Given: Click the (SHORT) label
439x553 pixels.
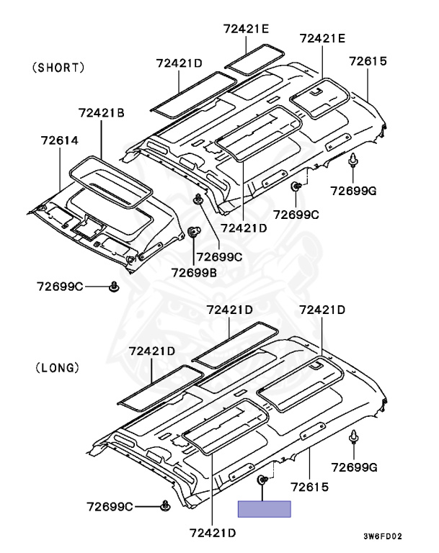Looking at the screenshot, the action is point(58,68).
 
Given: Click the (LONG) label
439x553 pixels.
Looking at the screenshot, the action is point(58,368).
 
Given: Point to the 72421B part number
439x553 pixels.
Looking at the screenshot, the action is point(102,113).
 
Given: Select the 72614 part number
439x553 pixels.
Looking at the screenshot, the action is point(60,140).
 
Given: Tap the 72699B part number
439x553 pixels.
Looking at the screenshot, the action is point(194,273).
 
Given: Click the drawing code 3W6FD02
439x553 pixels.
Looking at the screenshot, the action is point(383,536).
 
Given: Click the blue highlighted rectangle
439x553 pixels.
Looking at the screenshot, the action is point(264,509).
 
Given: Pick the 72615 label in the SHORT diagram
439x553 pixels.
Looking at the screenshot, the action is point(368,61).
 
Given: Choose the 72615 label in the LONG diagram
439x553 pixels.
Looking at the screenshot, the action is point(310,487).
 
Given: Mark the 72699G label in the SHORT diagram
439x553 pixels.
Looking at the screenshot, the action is point(353,191).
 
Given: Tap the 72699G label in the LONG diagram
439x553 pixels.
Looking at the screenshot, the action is point(354,467).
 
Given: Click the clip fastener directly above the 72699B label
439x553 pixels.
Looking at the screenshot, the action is point(193,232).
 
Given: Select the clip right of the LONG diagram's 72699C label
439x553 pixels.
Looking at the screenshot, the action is point(165,505).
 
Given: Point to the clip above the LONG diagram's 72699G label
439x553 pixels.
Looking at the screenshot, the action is point(353,436).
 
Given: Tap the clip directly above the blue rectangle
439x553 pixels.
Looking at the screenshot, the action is point(262,480).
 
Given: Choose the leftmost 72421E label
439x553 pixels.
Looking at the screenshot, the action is point(246,29).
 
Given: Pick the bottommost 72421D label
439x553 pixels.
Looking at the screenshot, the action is point(213,533).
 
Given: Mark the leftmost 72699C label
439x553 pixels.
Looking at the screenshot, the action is point(60,287).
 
